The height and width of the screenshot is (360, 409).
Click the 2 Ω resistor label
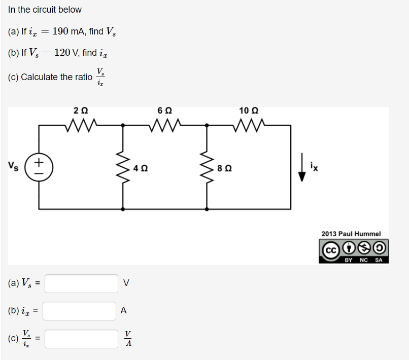(80, 110)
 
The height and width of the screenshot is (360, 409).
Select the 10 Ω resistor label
(249, 110)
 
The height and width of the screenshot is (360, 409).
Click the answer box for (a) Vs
(82, 283)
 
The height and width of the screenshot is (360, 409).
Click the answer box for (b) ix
(80, 311)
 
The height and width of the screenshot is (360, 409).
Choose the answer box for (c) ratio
(82, 338)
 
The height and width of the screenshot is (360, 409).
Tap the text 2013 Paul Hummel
(351, 234)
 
